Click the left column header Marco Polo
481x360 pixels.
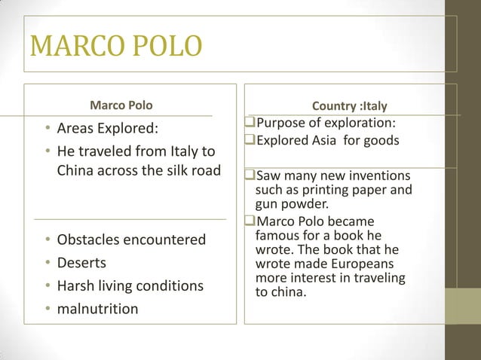coord(121,104)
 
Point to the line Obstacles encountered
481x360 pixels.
coord(131,239)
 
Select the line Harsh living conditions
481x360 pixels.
coord(130,285)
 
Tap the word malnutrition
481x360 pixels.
coord(97,308)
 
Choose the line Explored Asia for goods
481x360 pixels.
coord(327,140)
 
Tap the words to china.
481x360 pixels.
coord(281,293)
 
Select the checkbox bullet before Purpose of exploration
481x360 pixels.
coord(250,124)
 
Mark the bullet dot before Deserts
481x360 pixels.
coord(47,264)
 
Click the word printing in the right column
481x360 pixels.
coord(329,190)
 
